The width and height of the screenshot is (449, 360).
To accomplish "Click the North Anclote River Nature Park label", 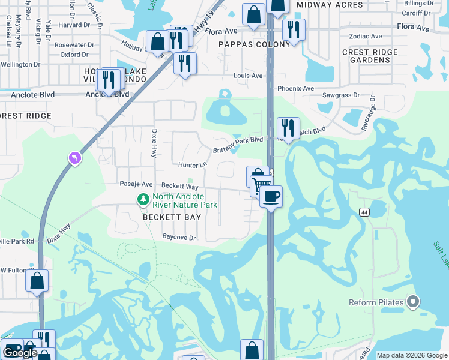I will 185,200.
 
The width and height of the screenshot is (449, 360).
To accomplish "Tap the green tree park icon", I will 143,199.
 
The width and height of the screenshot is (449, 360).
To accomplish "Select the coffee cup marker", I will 271,196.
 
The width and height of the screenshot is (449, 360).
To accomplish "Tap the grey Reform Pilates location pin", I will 412,302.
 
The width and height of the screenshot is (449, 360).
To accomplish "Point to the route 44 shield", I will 364,212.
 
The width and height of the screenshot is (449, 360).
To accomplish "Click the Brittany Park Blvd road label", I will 239,140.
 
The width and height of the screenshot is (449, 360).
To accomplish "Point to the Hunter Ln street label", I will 192,164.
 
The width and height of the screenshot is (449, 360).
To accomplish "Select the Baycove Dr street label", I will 179,238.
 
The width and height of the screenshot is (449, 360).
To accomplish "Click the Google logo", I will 20,353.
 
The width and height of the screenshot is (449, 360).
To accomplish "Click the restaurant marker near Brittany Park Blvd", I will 288,128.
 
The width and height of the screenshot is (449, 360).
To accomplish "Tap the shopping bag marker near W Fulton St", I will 37,281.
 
